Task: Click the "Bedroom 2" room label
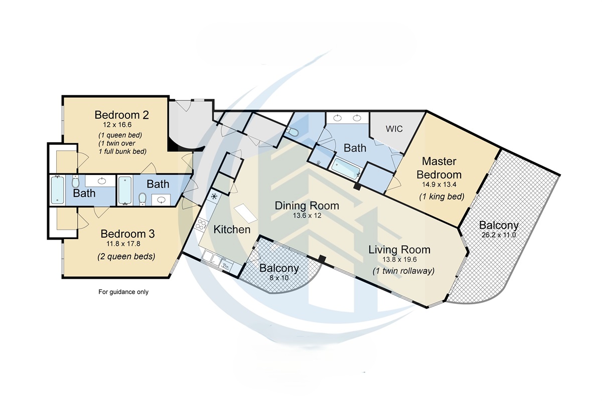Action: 121,115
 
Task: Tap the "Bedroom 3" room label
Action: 127,234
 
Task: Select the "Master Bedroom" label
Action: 441,168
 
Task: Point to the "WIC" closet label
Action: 394,128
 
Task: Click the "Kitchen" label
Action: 232,230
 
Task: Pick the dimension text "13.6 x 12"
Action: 307,216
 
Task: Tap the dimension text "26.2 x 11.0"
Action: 498,235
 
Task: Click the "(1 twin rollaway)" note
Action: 403,271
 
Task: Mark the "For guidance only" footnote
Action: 123,292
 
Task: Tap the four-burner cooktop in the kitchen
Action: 214,196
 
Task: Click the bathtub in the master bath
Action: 346,169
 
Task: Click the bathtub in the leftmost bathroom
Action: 57,189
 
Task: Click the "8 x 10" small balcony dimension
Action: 279,277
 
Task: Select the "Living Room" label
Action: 399,249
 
